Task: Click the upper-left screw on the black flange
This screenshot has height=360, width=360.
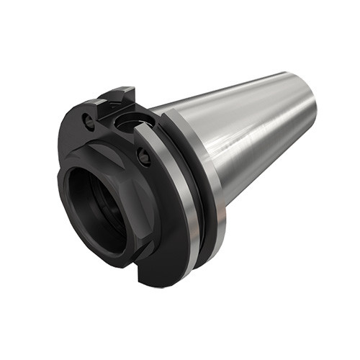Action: [89, 123]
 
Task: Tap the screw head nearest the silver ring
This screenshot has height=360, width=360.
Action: [144, 154]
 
